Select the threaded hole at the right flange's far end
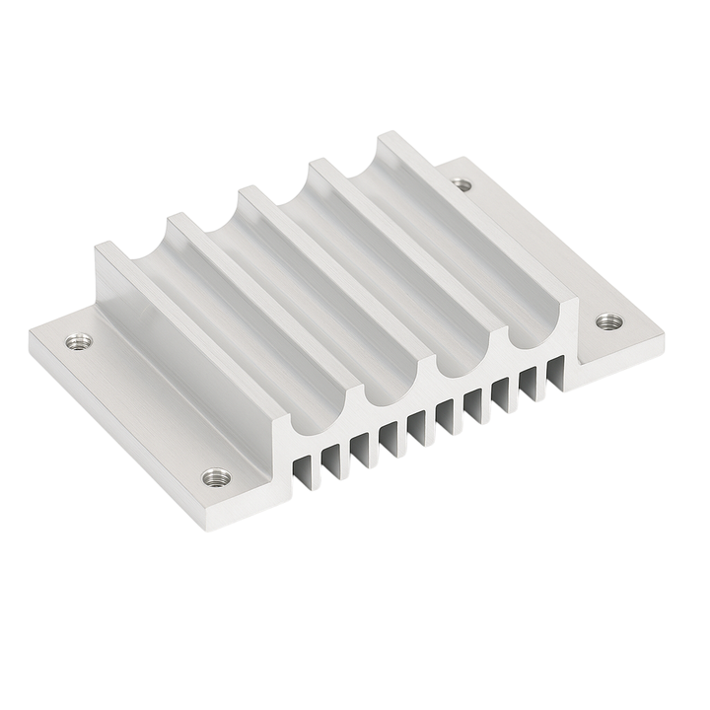[462, 182]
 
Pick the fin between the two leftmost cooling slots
[318, 463]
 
